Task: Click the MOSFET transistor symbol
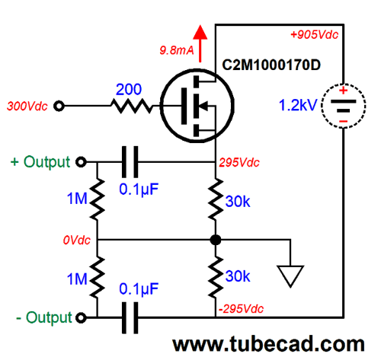pos(197,106)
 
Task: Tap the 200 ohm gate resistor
pos(132,106)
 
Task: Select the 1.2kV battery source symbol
pos(344,106)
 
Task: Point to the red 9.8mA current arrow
pos(200,43)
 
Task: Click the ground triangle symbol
pos(290,276)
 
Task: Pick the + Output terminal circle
pos(81,161)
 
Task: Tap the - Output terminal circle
pos(81,317)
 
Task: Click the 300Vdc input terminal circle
pos(59,106)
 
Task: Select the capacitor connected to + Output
pos(130,162)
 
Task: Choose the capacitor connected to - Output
pos(130,317)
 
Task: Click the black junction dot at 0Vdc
pos(216,240)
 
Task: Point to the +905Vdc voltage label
pos(315,34)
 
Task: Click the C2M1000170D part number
pos(271,65)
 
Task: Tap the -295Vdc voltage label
pos(241,309)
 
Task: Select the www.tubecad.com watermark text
pos(268,344)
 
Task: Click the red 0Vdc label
pos(77,240)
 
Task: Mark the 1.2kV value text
pos(298,105)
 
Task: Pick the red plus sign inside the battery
pos(344,91)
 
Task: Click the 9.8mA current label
pos(177,50)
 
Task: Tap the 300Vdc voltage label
pos(27,106)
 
